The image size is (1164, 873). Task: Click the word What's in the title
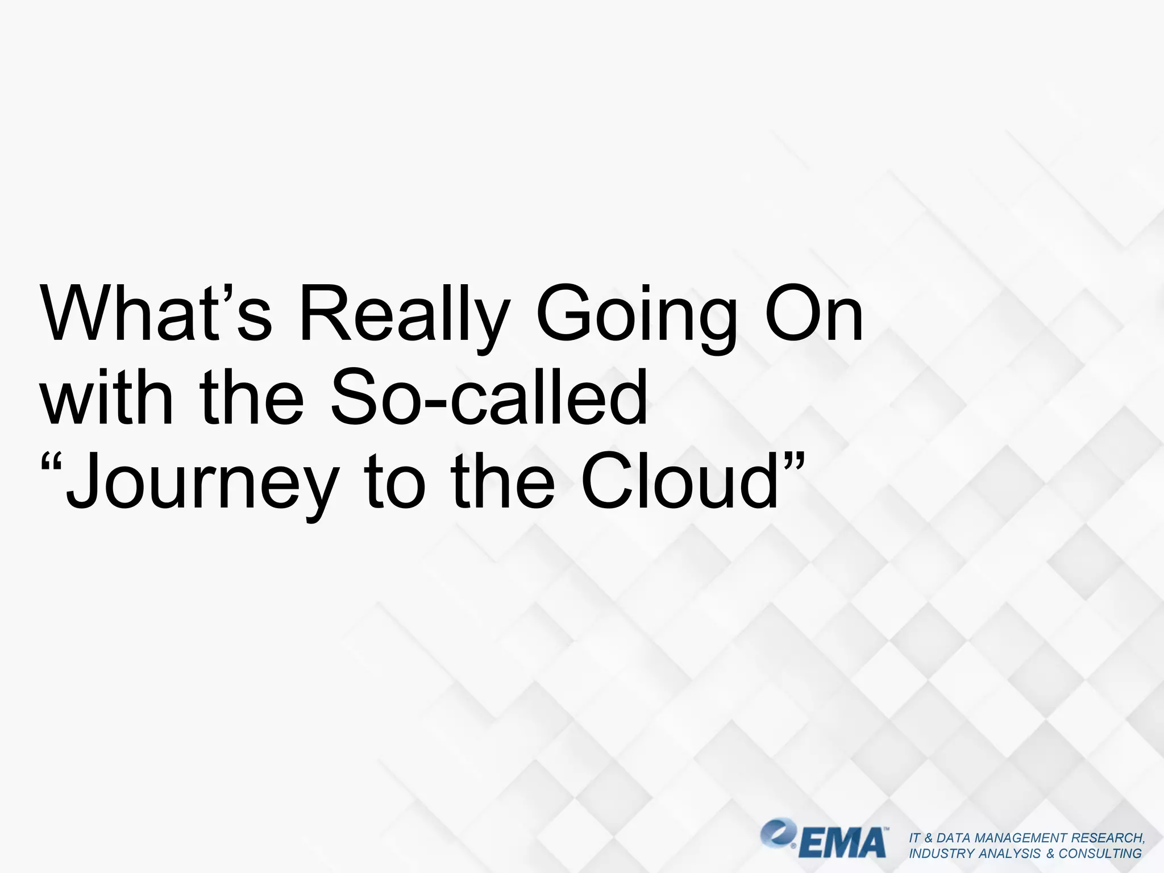156,314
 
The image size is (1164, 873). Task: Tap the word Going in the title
635,314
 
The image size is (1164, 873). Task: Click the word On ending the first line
814,314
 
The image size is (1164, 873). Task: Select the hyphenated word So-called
489,397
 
